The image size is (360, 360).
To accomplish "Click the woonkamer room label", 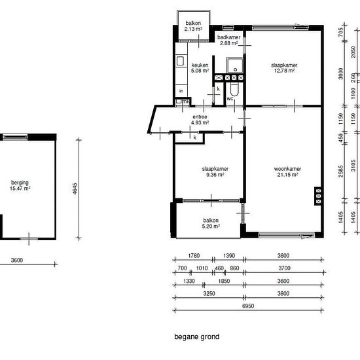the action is point(287,171).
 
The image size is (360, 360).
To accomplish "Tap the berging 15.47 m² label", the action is point(20,185).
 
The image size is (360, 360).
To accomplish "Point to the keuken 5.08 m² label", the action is point(200,68).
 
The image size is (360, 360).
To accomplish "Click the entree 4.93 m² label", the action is point(200,120).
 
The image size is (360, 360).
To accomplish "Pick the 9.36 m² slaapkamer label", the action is point(215,171).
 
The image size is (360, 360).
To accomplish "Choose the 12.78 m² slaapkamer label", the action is point(284,68).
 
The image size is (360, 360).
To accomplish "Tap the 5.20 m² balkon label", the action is point(211,223).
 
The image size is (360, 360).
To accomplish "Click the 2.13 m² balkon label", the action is point(193,26).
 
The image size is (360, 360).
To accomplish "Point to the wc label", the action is point(230,99).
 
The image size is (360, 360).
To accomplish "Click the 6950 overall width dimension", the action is point(248,306).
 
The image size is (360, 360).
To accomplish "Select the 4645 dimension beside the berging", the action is point(75,189).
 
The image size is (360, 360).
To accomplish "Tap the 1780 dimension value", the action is point(194,255).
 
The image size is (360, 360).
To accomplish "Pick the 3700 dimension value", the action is point(285,268).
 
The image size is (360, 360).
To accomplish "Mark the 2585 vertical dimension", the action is point(341,171).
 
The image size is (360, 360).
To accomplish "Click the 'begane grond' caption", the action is point(197,337).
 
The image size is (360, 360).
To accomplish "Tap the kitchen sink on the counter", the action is point(180,61).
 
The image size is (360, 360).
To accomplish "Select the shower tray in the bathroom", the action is point(234,65).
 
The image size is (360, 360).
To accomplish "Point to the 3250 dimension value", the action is point(209,293).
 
